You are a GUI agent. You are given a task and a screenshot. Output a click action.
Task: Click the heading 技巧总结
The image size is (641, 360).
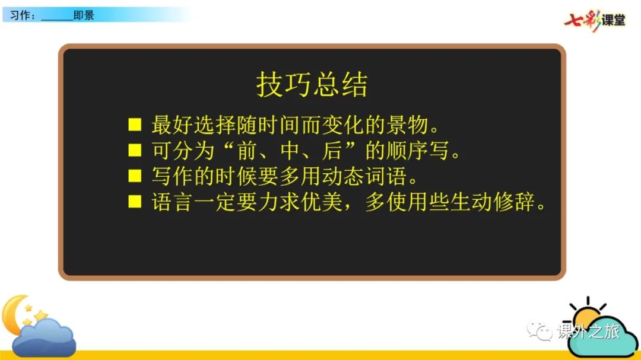(312, 85)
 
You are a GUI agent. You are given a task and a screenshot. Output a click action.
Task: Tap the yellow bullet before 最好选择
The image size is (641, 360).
(135, 125)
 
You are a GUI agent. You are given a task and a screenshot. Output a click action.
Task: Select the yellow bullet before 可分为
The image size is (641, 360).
(135, 151)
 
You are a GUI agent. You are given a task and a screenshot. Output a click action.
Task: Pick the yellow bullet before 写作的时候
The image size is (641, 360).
(135, 176)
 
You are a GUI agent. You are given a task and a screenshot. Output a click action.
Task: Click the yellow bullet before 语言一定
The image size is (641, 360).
(135, 202)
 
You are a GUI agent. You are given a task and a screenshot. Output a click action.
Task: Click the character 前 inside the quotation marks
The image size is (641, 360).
(246, 151)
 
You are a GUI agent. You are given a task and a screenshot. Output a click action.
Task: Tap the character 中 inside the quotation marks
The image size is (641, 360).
(290, 151)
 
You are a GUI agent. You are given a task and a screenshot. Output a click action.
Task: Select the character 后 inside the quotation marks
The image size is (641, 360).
(332, 151)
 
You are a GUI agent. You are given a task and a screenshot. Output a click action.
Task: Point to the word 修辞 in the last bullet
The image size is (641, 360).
(514, 202)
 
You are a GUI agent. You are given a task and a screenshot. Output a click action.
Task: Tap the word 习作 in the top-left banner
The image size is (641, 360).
(20, 15)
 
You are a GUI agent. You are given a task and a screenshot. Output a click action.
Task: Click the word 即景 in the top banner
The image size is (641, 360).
(84, 15)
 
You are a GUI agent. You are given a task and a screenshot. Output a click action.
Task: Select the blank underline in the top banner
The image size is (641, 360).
(57, 20)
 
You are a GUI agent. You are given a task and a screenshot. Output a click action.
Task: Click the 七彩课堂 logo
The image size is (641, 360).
(595, 20)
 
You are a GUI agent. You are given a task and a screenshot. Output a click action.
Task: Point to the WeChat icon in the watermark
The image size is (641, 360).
(540, 330)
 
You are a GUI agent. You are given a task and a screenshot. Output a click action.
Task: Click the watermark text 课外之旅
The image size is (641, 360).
(589, 331)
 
